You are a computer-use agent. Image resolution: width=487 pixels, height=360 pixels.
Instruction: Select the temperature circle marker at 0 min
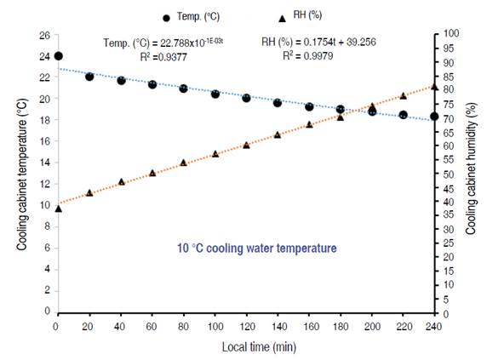click(58, 56)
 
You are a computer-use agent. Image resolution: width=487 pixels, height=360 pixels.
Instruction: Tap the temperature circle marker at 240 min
click(434, 117)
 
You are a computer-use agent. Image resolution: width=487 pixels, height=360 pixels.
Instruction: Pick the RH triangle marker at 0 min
click(58, 208)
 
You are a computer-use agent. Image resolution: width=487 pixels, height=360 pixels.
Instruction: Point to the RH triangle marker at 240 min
click(434, 86)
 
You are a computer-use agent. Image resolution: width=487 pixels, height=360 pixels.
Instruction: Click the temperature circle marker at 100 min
click(215, 94)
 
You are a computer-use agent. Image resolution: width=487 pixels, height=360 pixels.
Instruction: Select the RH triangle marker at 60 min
click(152, 173)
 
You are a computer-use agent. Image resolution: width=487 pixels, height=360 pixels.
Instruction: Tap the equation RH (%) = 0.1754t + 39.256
click(318, 42)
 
